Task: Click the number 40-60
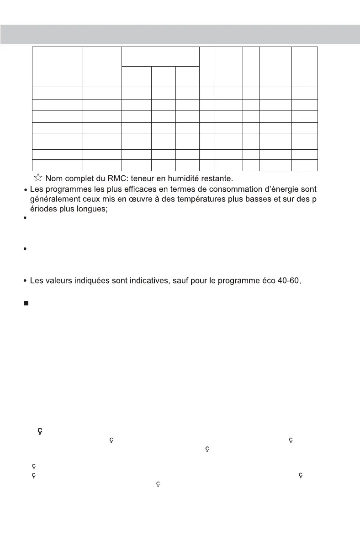[x=286, y=280]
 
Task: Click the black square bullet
[x=26, y=304]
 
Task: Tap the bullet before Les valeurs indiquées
[x=24, y=281]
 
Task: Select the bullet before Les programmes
[x=24, y=189]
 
